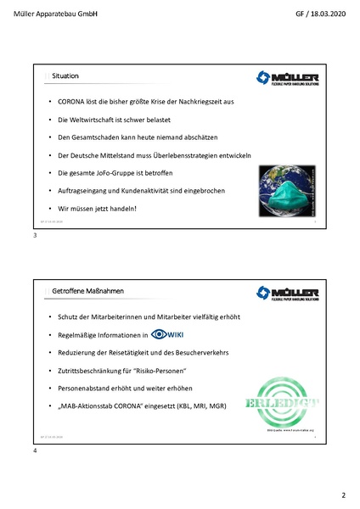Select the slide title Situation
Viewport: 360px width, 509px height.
65,77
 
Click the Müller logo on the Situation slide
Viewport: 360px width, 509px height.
288,81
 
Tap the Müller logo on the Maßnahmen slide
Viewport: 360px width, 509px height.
288,295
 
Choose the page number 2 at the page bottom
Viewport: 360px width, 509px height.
344,495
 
